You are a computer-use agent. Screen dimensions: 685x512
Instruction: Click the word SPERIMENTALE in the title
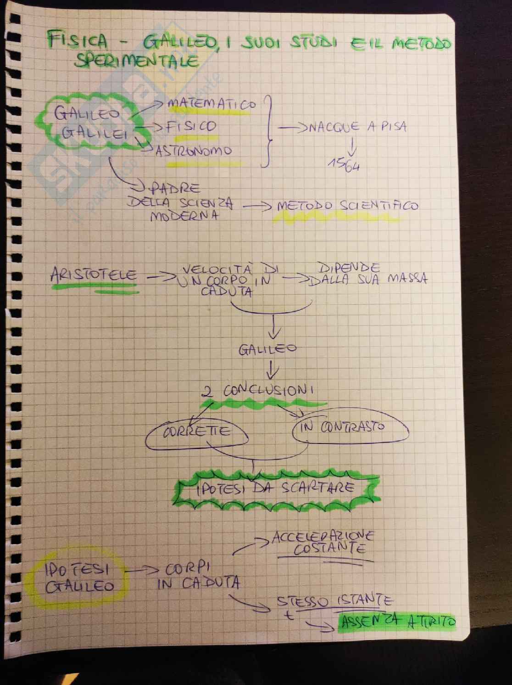coord(137,61)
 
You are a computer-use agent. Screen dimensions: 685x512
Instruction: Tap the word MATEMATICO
coord(212,104)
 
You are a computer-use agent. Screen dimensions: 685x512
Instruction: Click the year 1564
coord(344,165)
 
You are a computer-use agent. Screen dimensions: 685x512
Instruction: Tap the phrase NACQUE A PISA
coord(357,126)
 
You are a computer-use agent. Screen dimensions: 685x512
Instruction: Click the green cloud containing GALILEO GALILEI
coord(90,123)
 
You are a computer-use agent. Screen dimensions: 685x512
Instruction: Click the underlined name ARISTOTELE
coord(94,275)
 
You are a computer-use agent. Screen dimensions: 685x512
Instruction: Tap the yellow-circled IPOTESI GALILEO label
coord(78,578)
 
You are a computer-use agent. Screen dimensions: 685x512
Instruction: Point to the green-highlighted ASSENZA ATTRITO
coord(397,622)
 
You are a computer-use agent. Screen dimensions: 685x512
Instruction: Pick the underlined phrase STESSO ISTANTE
coord(334,601)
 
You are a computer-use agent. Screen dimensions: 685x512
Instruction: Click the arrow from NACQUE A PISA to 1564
coord(352,147)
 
